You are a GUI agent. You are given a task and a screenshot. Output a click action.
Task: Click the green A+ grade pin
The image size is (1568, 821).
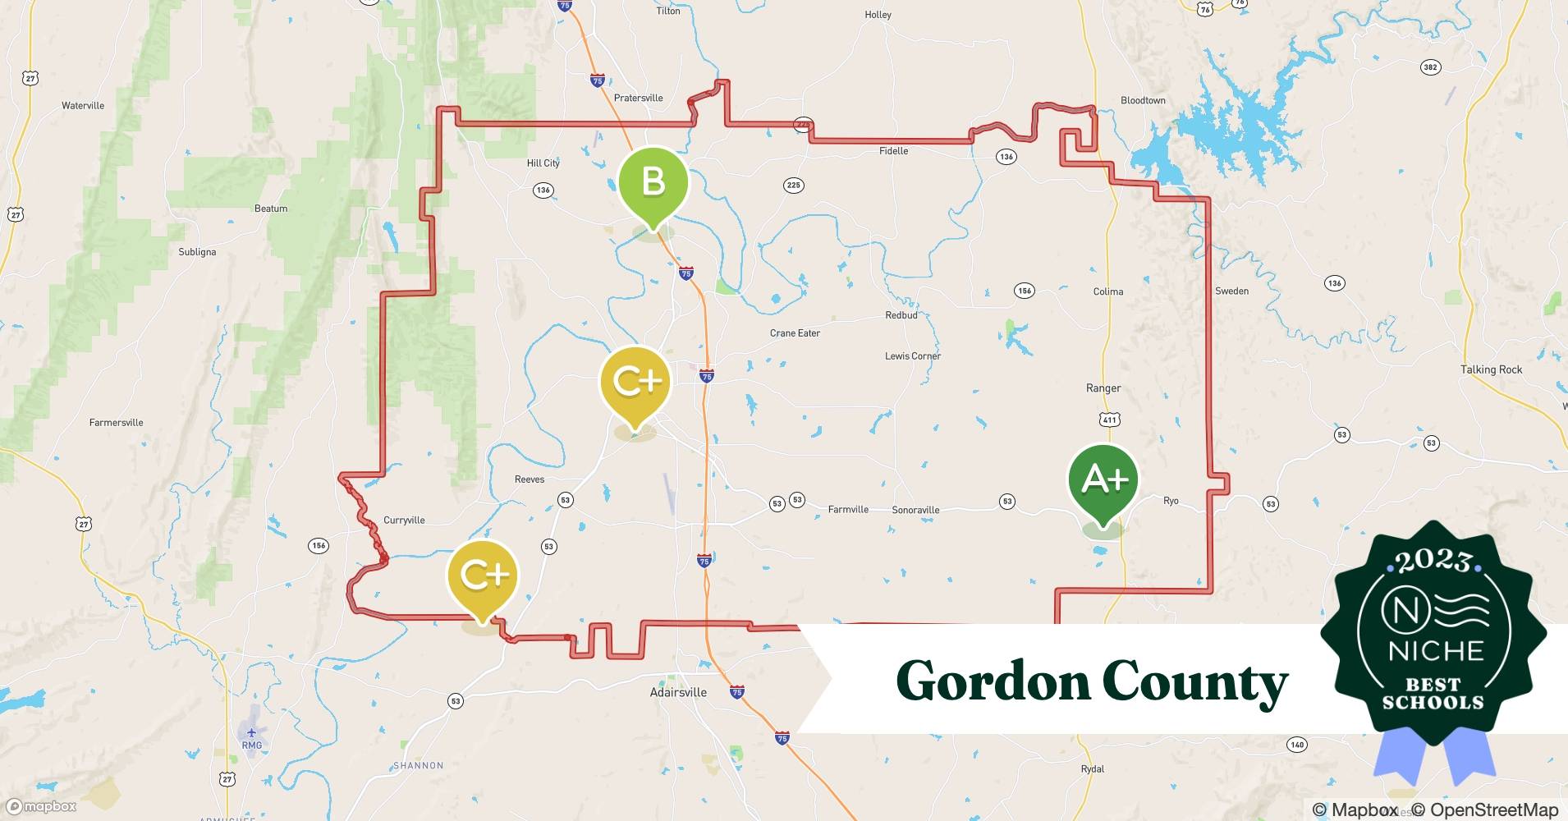point(1103,479)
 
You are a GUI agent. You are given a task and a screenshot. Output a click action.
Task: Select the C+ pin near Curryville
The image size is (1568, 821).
point(483,576)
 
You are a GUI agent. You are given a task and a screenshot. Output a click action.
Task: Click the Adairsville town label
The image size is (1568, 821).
point(678,692)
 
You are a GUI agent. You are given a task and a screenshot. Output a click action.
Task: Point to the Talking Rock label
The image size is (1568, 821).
point(1491,369)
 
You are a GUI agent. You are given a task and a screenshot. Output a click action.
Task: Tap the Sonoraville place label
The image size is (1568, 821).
point(915,510)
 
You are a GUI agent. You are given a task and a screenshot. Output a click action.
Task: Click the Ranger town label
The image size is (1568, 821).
point(1103,388)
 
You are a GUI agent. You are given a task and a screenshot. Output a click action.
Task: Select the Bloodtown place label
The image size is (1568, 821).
point(1143,100)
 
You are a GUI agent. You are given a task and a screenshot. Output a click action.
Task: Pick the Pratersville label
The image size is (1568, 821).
point(638,98)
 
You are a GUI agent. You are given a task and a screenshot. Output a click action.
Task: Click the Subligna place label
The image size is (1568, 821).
point(197,252)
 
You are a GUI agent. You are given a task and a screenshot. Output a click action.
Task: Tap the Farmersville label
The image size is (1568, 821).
point(116,423)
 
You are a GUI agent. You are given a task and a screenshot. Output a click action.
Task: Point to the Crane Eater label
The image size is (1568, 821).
point(795,333)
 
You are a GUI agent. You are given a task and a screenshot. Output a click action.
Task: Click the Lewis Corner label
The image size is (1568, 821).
point(913,356)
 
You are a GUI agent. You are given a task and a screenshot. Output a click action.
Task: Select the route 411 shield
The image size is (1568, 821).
point(1110,420)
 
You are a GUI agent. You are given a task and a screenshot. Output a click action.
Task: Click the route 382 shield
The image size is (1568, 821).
point(1431,67)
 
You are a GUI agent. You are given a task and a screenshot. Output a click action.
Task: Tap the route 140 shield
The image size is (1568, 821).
point(1297,745)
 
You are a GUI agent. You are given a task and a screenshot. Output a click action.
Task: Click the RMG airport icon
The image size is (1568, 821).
point(251,732)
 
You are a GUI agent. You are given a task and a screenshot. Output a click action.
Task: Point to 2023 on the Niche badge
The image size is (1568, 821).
point(1433,562)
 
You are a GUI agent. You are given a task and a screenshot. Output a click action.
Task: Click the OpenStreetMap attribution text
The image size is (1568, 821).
point(1485,810)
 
